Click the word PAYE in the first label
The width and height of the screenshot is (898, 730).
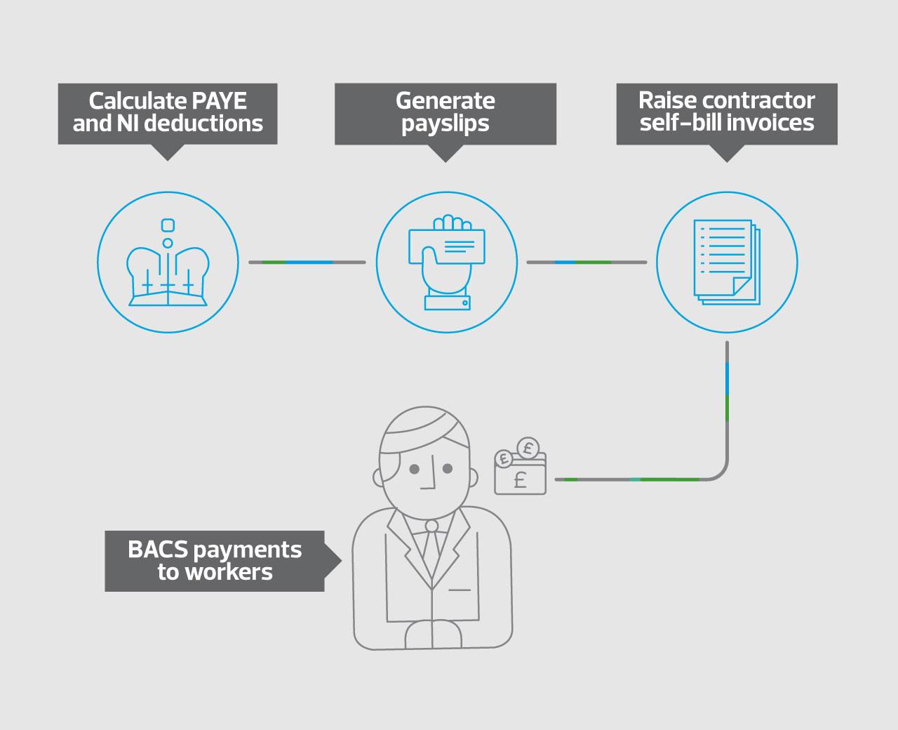[x=219, y=101]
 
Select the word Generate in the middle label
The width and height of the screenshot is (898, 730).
[x=445, y=101]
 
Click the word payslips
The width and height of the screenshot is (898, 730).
[x=445, y=124]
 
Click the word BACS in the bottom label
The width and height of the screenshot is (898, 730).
[x=158, y=550]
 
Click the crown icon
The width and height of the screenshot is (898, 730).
[x=168, y=263]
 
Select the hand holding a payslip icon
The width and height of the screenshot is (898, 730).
[x=447, y=263]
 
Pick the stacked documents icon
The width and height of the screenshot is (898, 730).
[x=727, y=262]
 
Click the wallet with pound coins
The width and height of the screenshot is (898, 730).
[x=521, y=465]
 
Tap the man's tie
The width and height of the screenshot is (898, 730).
[x=431, y=548]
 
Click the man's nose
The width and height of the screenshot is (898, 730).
[x=430, y=472]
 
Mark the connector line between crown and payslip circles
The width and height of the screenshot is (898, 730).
[x=307, y=263]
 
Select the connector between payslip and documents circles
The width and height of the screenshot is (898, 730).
[x=587, y=263]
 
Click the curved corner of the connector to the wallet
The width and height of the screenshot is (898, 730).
[x=722, y=474]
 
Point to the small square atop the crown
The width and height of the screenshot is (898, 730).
[x=168, y=225]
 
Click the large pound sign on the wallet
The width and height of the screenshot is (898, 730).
[x=521, y=480]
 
